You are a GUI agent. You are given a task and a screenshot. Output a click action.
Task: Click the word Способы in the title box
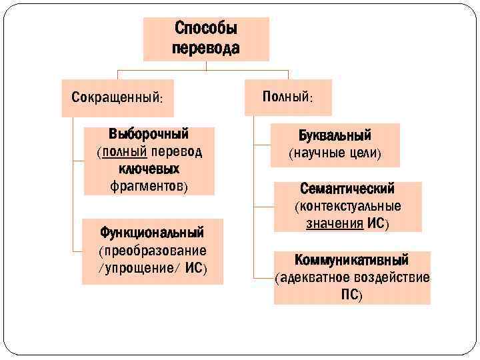206,29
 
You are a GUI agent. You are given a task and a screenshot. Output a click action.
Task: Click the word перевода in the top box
206,48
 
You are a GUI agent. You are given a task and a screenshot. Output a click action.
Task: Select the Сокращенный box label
117,97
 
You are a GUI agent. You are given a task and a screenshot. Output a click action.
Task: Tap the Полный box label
288,97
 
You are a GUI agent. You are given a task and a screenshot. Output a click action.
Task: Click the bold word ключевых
149,169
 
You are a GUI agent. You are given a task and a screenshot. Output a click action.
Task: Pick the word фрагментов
147,186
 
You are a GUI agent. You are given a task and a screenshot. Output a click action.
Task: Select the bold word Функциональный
152,233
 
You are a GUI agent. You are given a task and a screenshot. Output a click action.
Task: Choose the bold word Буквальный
335,136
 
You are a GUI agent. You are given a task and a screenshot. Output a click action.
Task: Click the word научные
316,154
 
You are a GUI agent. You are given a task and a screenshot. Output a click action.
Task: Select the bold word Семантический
347,189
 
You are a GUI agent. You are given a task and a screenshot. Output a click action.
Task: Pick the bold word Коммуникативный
352,259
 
